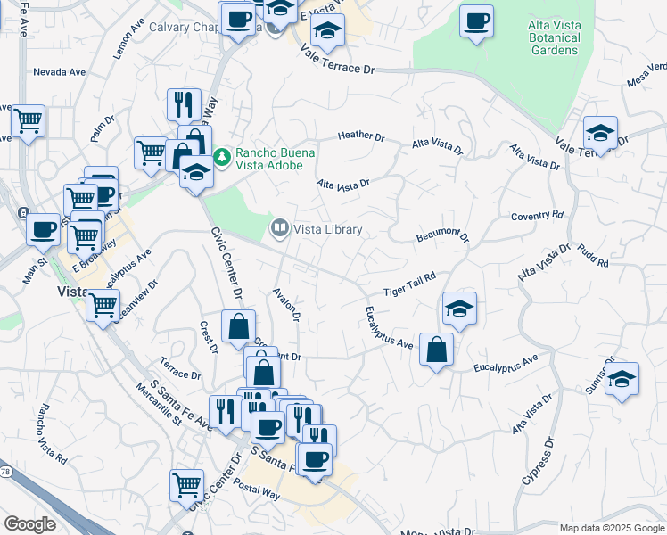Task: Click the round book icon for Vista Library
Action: [x=280, y=230]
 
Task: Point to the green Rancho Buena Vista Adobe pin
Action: [x=222, y=158]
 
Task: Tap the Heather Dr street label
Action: [x=360, y=136]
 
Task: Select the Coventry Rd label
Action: [x=538, y=216]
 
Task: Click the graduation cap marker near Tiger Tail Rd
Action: [x=459, y=309]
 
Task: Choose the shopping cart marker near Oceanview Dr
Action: [x=103, y=305]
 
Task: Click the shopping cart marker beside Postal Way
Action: [x=186, y=486]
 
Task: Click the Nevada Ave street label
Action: [x=59, y=71]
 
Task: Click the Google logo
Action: [x=29, y=524]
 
